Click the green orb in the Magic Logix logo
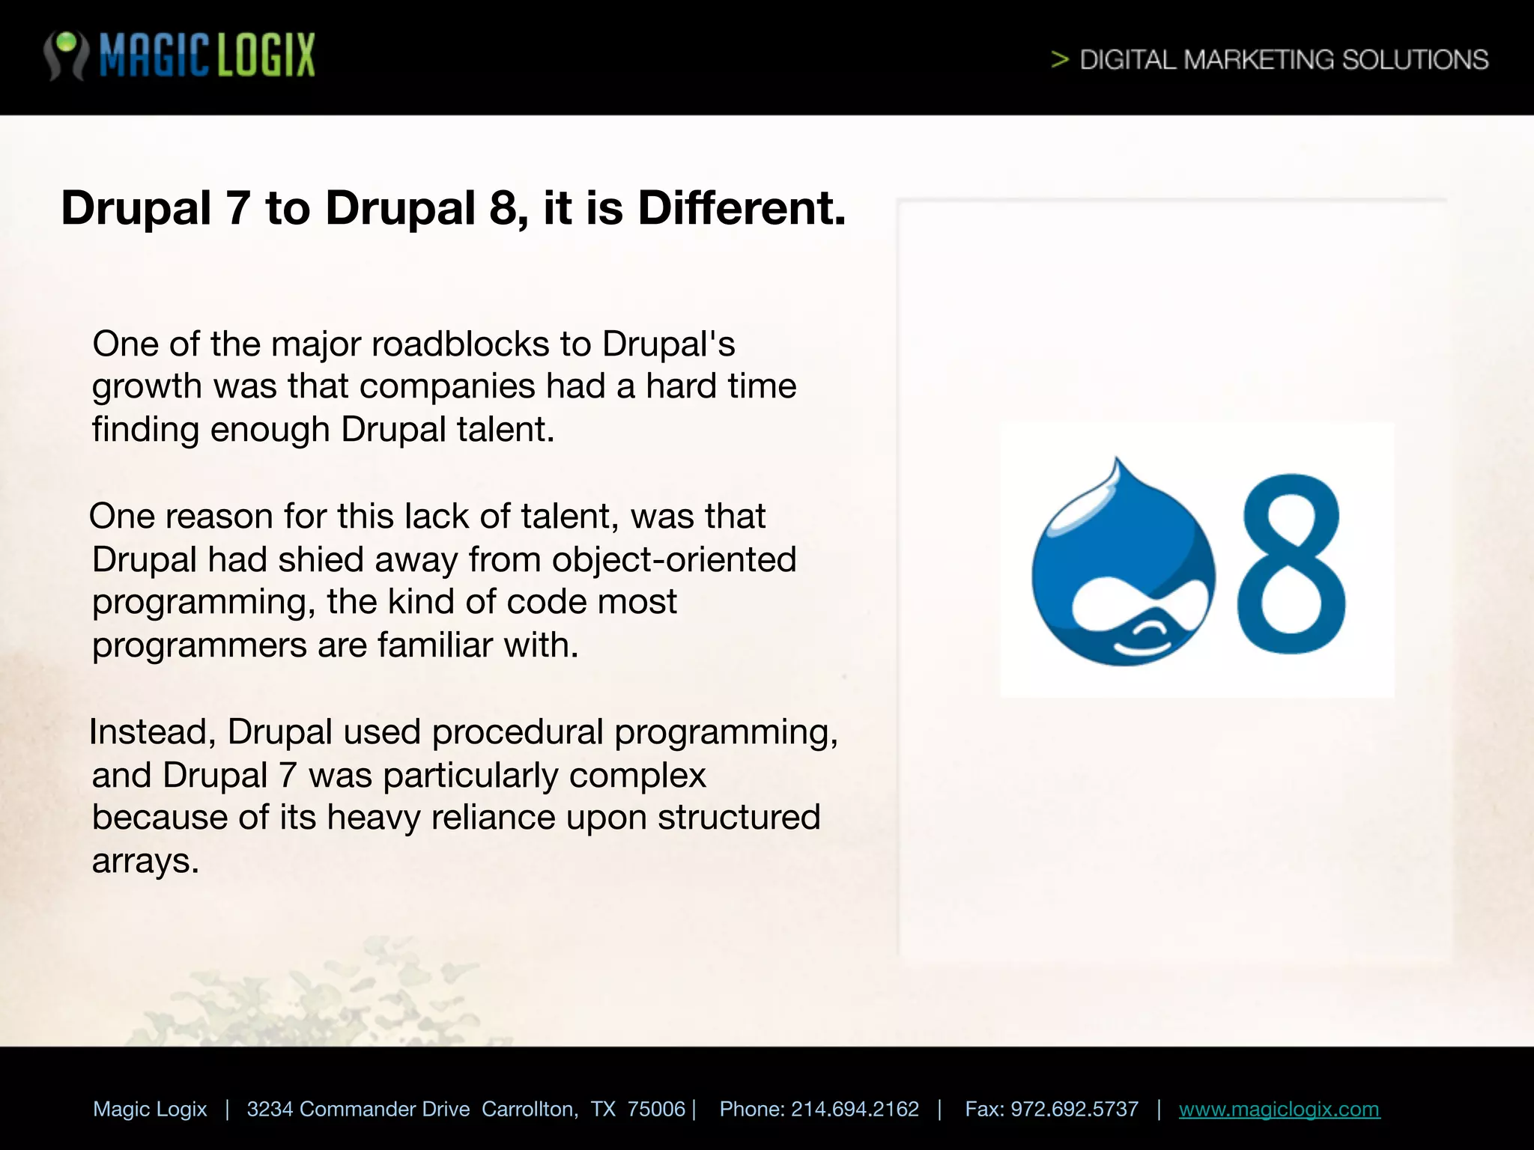67,42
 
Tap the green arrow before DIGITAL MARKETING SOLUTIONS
1059,59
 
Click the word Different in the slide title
741,207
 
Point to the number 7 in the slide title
237,207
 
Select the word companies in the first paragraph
447,386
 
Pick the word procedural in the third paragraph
517,731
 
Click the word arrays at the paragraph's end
145,861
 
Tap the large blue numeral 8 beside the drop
1291,564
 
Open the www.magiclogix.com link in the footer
1279,1109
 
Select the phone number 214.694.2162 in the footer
855,1109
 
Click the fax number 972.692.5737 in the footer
1074,1109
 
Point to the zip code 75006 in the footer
656,1109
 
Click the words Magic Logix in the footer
150,1109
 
